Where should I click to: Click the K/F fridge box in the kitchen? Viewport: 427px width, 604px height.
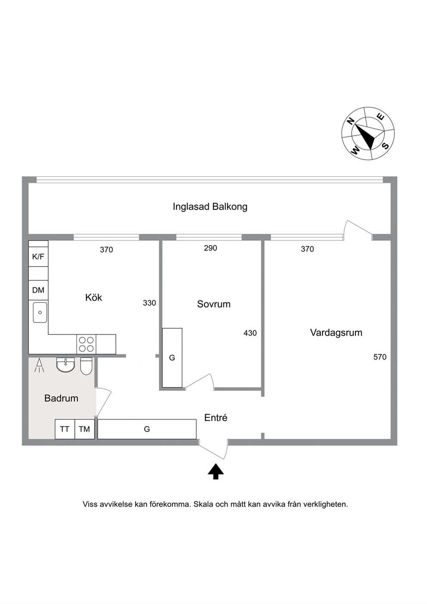pyautogui.click(x=38, y=257)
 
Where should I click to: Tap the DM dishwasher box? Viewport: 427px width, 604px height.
pyautogui.click(x=38, y=290)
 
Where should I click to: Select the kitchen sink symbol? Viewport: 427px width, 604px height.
pyautogui.click(x=40, y=313)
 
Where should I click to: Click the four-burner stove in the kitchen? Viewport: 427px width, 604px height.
pyautogui.click(x=87, y=344)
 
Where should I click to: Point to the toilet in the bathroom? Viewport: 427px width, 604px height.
pyautogui.click(x=86, y=366)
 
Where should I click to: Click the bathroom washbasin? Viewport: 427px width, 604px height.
pyautogui.click(x=65, y=365)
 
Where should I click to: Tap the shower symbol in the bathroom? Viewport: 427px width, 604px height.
pyautogui.click(x=39, y=365)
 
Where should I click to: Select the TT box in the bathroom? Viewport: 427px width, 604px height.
pyautogui.click(x=65, y=429)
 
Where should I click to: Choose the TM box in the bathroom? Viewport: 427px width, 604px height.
pyautogui.click(x=84, y=429)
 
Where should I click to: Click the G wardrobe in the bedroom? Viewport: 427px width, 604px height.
pyautogui.click(x=172, y=358)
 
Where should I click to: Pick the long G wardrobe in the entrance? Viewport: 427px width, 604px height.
pyautogui.click(x=147, y=429)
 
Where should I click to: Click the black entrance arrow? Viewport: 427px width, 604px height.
pyautogui.click(x=216, y=471)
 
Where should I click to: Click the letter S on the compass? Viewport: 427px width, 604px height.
pyautogui.click(x=386, y=146)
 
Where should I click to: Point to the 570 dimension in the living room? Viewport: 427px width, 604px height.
pyautogui.click(x=380, y=357)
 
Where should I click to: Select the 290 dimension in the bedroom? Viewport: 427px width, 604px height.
pyautogui.click(x=210, y=248)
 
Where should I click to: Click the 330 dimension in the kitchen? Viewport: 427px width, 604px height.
pyautogui.click(x=149, y=303)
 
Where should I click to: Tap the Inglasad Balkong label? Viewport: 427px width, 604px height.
pyautogui.click(x=210, y=207)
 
